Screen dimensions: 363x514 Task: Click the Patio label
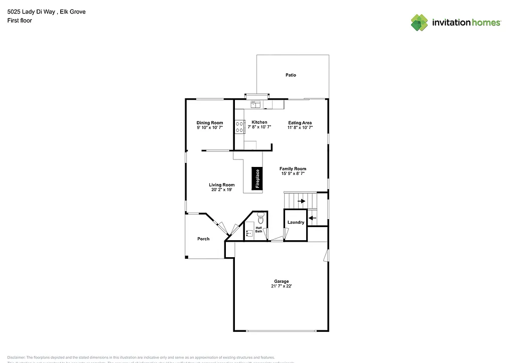291,75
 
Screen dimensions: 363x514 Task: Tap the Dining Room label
210,123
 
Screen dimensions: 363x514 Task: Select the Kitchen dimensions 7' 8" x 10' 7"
260,128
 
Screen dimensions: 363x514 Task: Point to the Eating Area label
300,123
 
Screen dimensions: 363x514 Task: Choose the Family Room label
293,169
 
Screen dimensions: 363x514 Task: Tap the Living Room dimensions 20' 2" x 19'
221,190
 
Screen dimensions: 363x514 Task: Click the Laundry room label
296,223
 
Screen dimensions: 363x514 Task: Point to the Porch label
203,239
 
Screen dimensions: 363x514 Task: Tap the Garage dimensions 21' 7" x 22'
281,286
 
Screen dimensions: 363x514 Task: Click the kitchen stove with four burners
239,127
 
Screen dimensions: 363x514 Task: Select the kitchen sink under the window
255,105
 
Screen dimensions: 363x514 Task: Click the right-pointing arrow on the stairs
301,201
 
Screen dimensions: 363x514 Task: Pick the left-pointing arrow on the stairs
312,218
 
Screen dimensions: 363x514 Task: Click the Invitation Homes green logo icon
420,23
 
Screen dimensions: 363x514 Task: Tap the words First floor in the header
20,21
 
